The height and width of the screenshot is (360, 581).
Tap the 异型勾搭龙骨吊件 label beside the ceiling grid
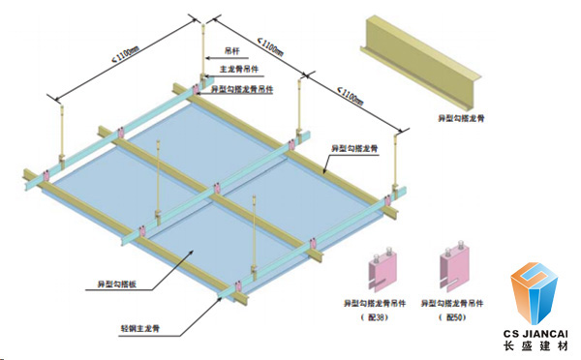click(242, 88)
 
